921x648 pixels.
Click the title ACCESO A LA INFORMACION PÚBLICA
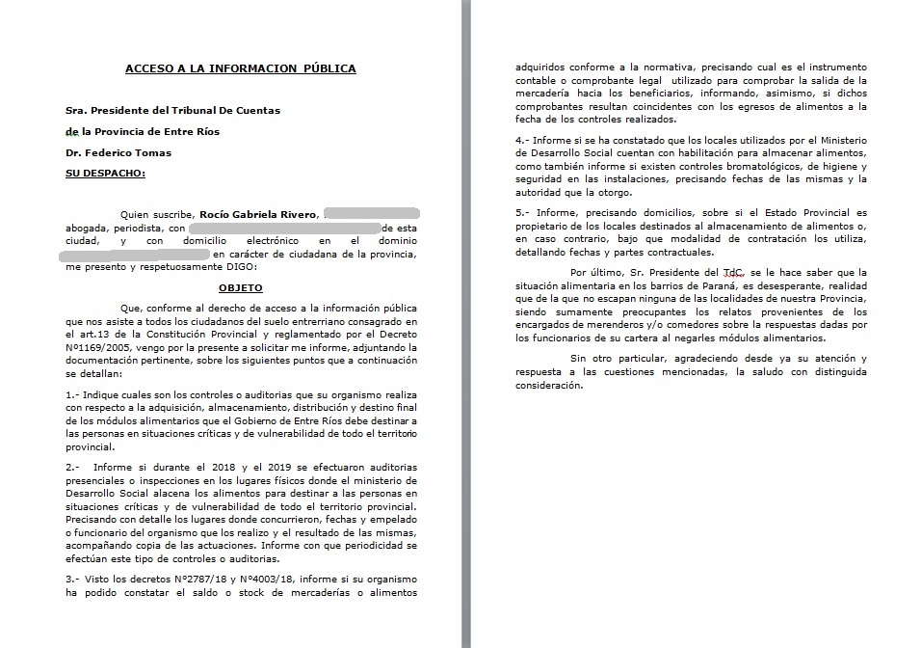[x=240, y=68]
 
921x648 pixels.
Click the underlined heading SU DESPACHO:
[x=105, y=173]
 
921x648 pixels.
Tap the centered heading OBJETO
[x=240, y=287]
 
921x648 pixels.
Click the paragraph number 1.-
[x=74, y=395]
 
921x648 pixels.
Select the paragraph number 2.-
[x=74, y=467]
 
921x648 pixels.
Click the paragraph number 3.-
[x=74, y=579]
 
